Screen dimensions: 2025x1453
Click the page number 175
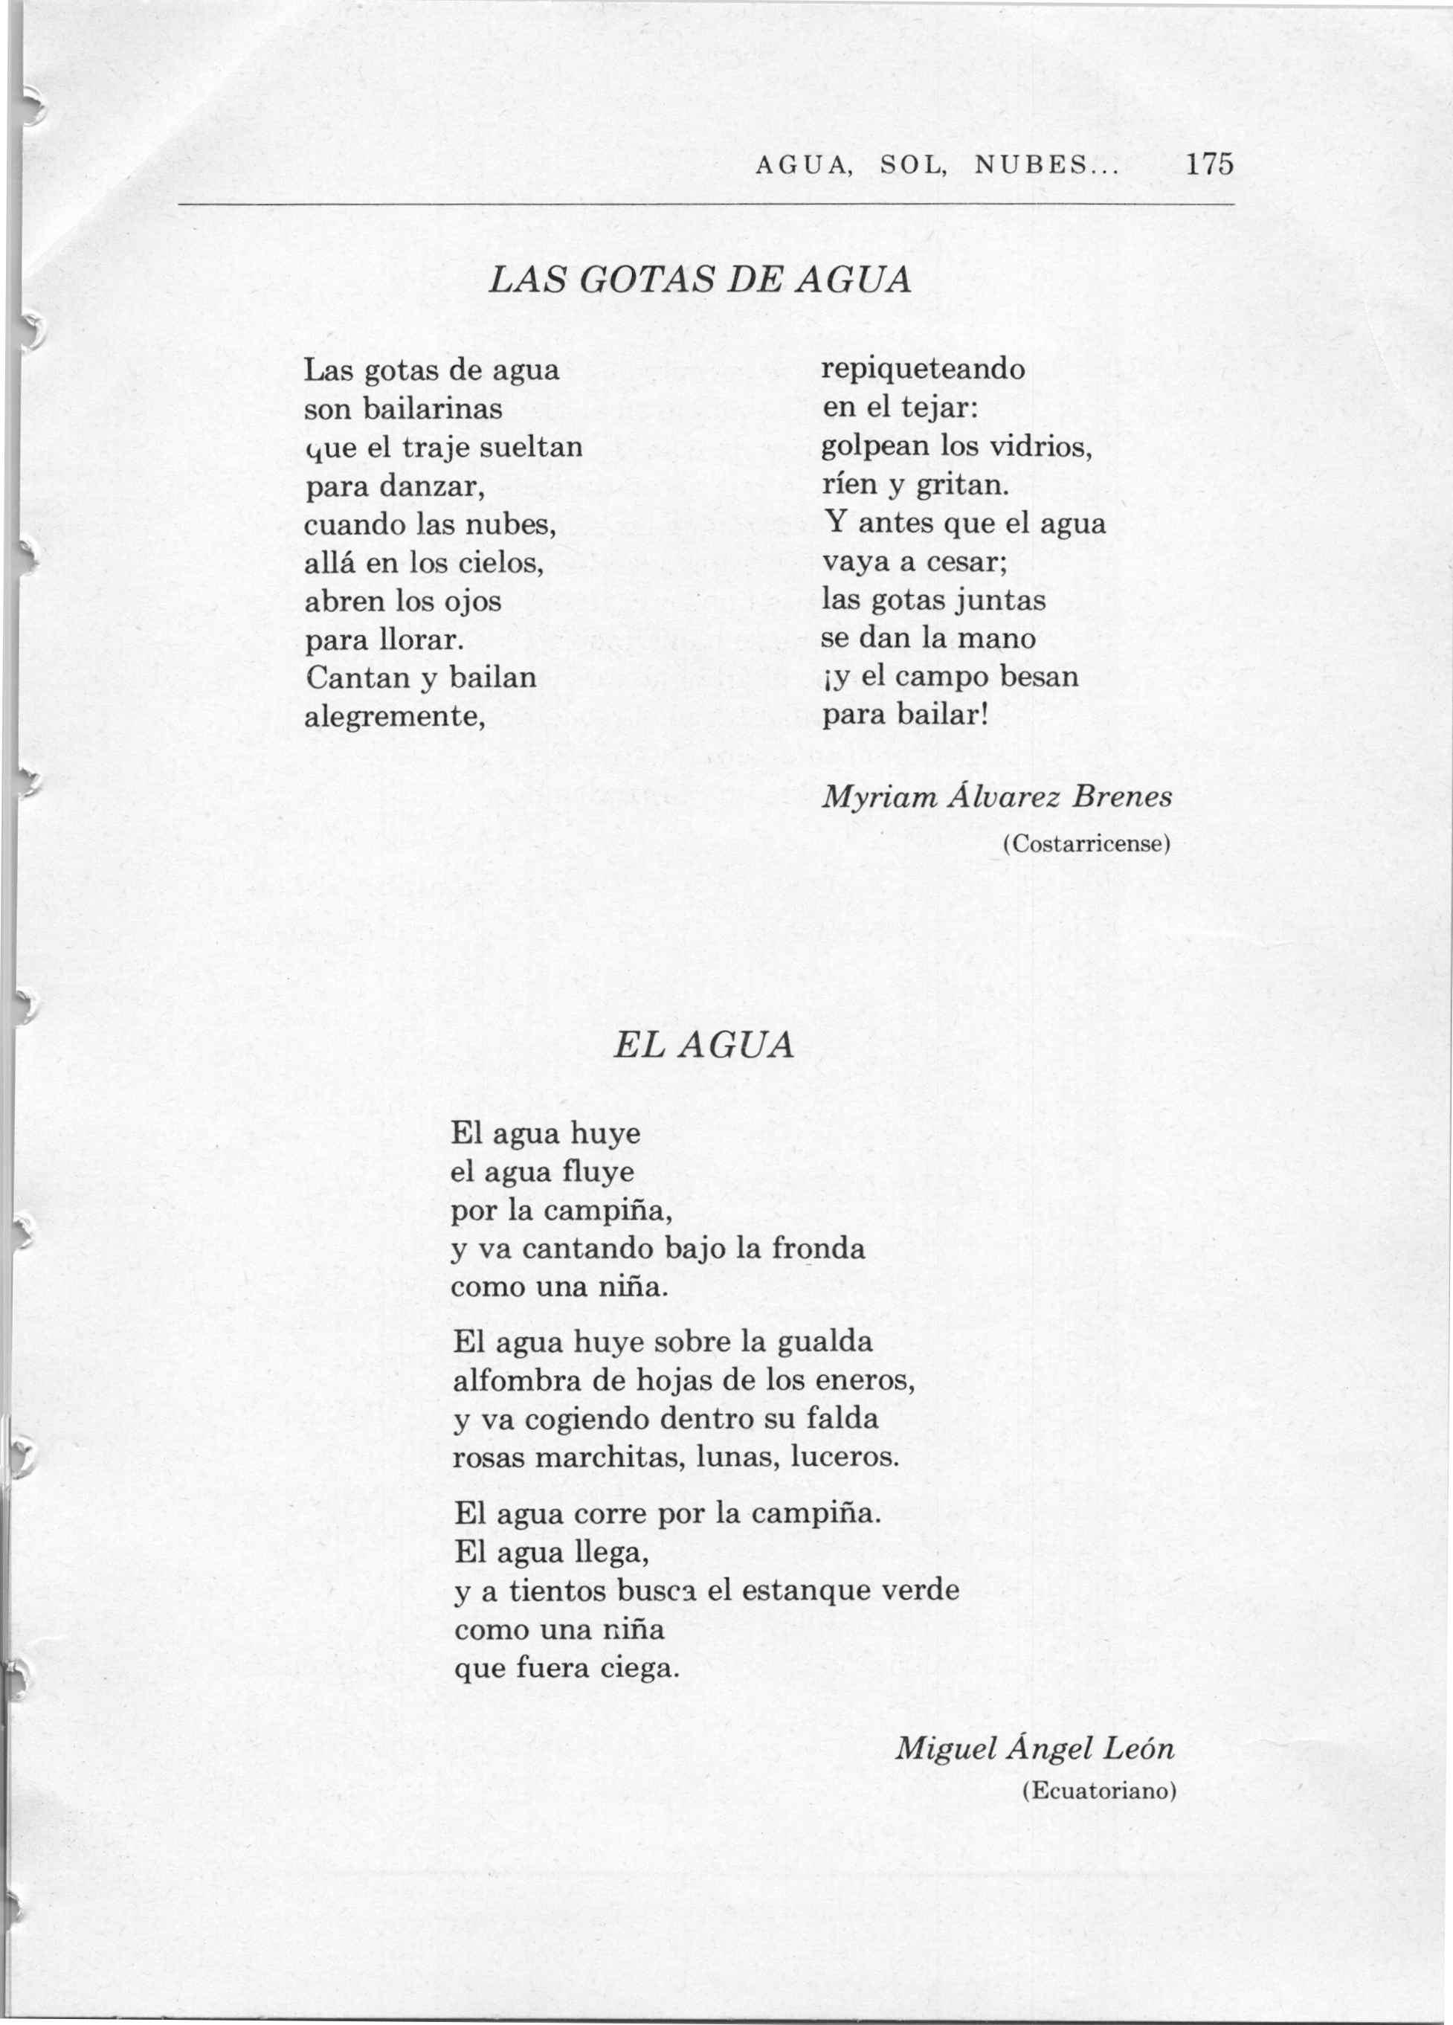pyautogui.click(x=1209, y=165)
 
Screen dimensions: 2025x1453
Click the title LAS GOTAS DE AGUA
pyautogui.click(x=701, y=280)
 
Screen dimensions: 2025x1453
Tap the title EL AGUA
pyautogui.click(x=703, y=1046)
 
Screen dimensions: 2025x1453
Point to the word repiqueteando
pyautogui.click(x=923, y=369)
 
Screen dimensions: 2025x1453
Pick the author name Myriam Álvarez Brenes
pyautogui.click(x=996, y=797)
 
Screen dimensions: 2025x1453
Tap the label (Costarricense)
pyautogui.click(x=1086, y=844)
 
